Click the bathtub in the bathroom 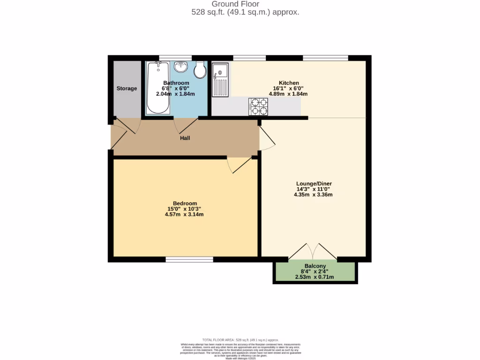(157, 88)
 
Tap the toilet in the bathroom (200, 71)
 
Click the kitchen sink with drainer (220, 80)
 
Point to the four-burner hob (258, 106)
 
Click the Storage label (127, 89)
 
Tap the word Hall (185, 138)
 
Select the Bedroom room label (185, 203)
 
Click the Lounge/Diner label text (314, 183)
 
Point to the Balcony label (315, 266)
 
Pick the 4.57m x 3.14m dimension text (185, 214)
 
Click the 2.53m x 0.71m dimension (315, 277)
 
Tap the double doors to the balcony (313, 252)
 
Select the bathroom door (185, 124)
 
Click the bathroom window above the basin (175, 58)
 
